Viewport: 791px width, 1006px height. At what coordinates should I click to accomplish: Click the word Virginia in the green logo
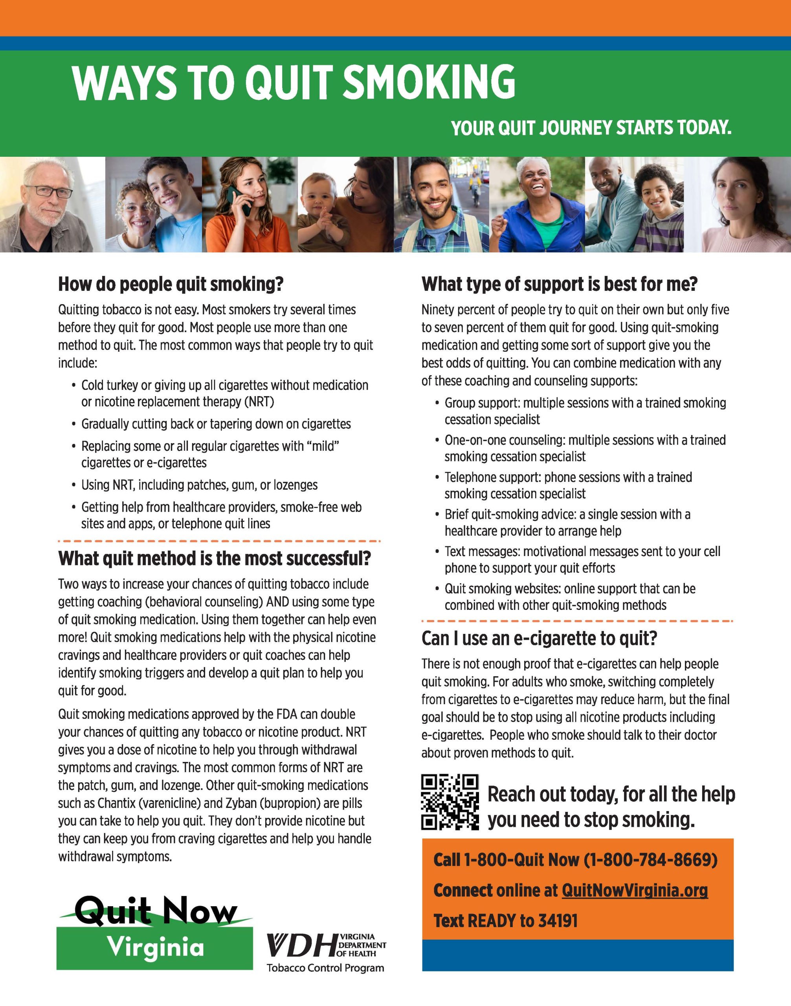(x=156, y=947)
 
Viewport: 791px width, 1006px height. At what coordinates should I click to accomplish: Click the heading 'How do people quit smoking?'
(x=171, y=284)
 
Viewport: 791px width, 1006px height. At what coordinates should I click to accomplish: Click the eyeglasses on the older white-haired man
(x=49, y=191)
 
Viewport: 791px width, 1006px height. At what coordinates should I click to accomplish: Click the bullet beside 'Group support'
(x=437, y=404)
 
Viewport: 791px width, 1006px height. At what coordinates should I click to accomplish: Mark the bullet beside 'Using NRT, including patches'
(x=73, y=485)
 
